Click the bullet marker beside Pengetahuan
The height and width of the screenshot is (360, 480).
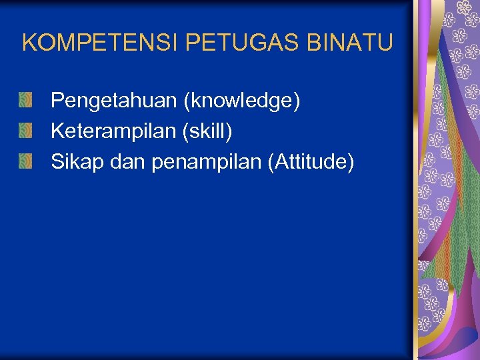pos(25,101)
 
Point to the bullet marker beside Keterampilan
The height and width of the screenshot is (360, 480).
pos(25,131)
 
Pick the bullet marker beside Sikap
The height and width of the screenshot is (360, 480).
pos(25,161)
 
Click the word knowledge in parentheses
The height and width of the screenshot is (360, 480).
pos(242,101)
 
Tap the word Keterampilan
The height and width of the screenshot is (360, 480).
pos(113,131)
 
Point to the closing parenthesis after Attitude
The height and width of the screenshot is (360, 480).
pos(350,161)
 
